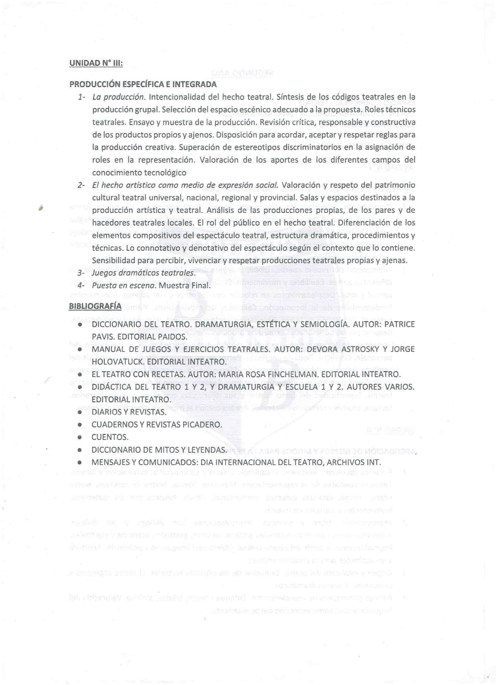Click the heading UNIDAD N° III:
(96, 63)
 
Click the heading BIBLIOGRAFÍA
(95, 306)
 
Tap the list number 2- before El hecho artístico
(81, 185)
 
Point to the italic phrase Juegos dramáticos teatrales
(144, 273)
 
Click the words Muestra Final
(185, 285)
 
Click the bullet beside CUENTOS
(80, 437)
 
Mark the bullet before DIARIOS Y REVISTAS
(80, 412)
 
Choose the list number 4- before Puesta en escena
(81, 285)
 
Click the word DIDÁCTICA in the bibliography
(111, 387)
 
